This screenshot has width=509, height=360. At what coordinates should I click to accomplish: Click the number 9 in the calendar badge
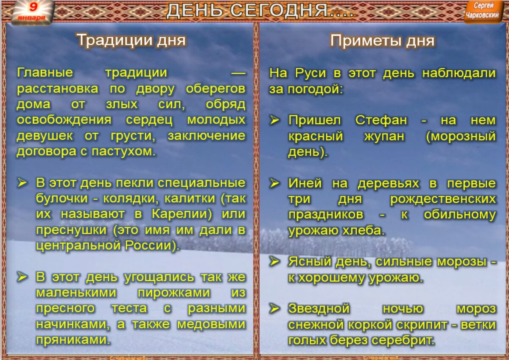(33, 7)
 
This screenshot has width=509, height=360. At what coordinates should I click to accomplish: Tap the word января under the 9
(32, 18)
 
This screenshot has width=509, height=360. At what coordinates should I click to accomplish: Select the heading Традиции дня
(131, 40)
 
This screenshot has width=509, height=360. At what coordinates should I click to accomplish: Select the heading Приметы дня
(382, 41)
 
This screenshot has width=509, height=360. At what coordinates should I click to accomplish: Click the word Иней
(302, 183)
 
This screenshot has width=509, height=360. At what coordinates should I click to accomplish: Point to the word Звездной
(319, 308)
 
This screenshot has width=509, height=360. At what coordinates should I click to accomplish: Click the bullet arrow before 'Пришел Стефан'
(274, 120)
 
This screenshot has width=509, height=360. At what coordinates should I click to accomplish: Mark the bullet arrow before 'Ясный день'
(274, 262)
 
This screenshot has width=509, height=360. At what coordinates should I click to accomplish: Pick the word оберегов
(215, 89)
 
